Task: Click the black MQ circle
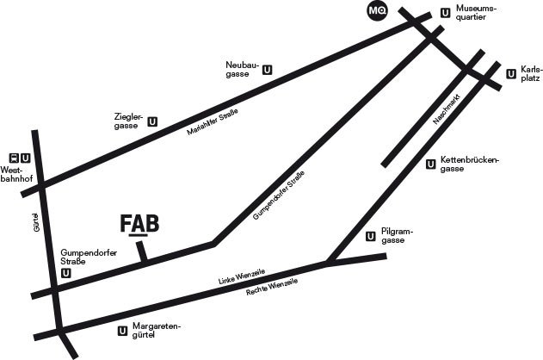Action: (x=376, y=11)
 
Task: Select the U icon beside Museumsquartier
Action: (x=445, y=13)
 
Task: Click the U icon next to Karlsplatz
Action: (x=512, y=73)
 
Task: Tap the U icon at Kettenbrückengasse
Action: (x=430, y=164)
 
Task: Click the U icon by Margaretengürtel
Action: (x=120, y=331)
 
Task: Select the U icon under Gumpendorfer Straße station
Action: (x=66, y=273)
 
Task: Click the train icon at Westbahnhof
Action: (x=14, y=158)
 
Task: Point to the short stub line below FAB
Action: (x=143, y=250)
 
